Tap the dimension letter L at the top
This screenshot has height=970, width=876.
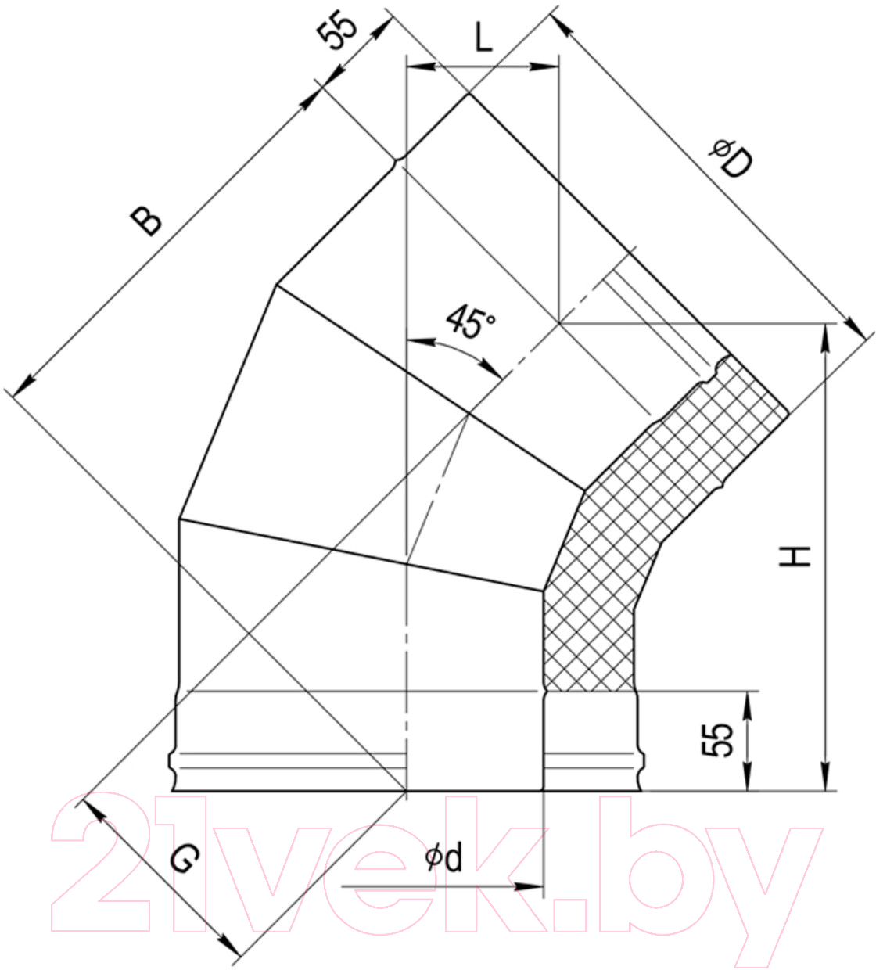(483, 38)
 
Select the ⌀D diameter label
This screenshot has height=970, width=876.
(731, 158)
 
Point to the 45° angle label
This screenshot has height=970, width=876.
(470, 321)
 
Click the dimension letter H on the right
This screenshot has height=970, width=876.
(795, 556)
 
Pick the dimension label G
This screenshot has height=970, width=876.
(185, 859)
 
